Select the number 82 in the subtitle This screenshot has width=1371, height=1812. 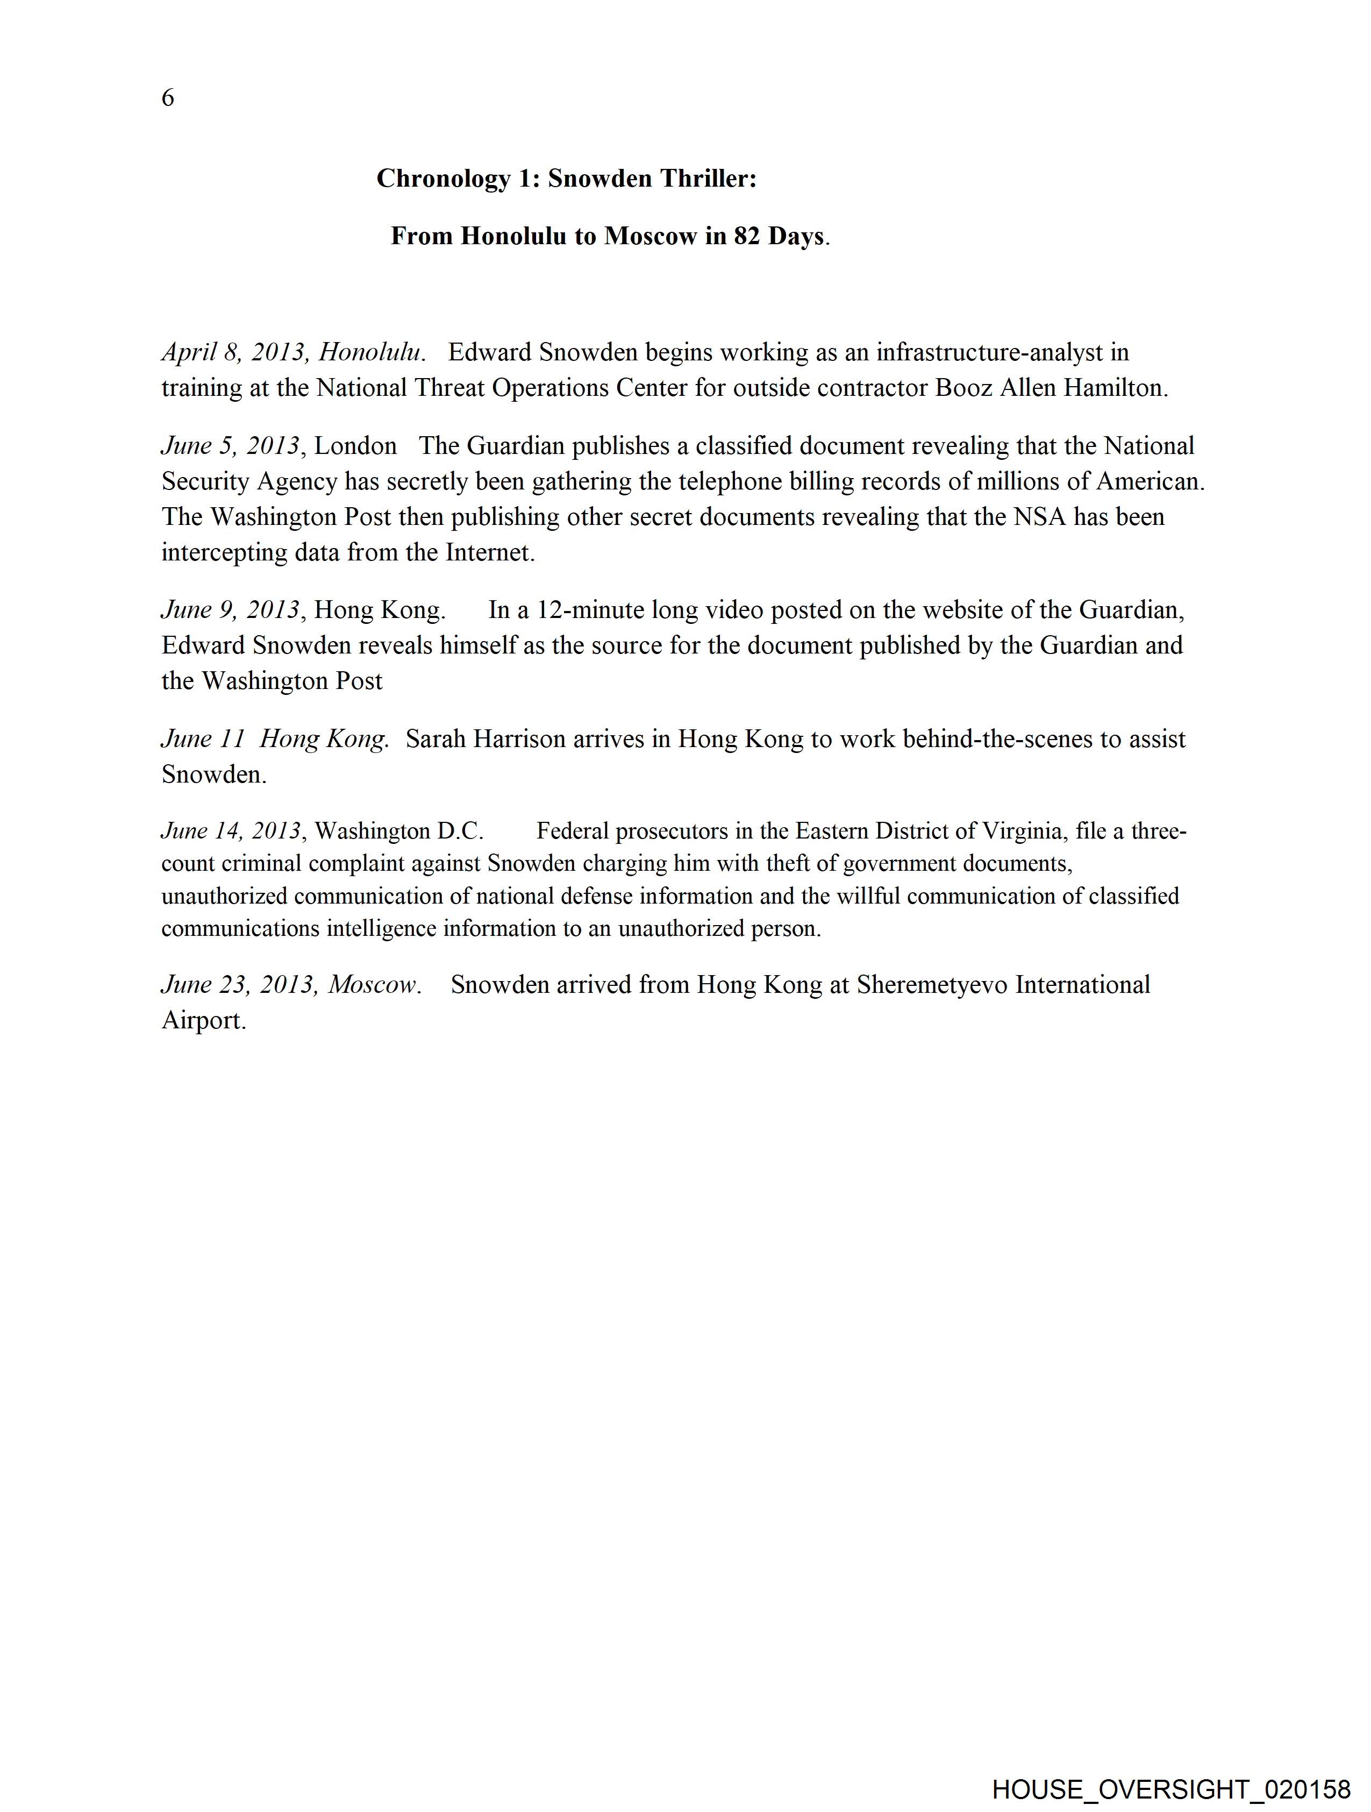(746, 236)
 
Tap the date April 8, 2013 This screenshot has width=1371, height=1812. (233, 352)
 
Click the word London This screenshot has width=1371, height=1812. (355, 446)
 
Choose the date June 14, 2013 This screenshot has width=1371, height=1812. (232, 832)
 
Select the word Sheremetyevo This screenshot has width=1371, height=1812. (932, 985)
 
